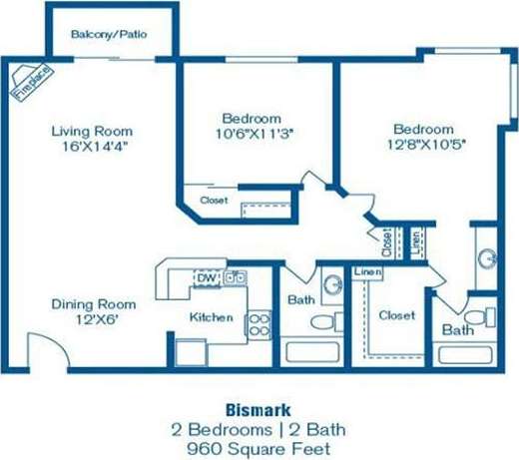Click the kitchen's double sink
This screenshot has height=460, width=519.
[237, 277]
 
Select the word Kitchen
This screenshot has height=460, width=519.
[212, 317]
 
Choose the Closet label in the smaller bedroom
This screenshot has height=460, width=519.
[214, 201]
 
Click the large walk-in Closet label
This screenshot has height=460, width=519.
[396, 315]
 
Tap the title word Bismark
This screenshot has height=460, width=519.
[258, 409]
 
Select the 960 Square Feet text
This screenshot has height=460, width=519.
[258, 449]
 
